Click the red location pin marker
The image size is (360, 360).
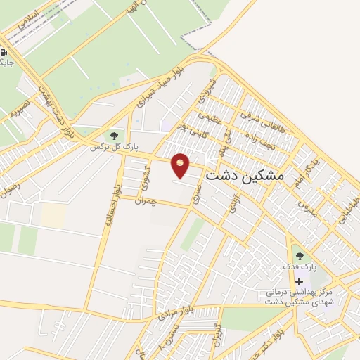point(181,165)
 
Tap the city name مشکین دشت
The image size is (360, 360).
point(243,175)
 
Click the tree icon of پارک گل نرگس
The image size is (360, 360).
point(112,134)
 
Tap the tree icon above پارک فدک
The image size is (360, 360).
point(300,256)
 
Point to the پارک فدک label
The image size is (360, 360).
point(300,268)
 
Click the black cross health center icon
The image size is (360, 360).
point(300,281)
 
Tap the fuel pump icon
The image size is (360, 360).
point(4,52)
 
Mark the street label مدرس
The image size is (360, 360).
point(307,207)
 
